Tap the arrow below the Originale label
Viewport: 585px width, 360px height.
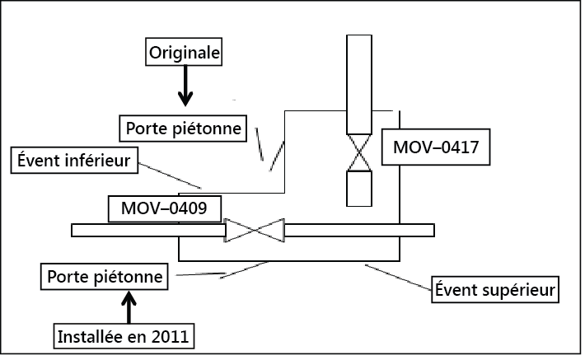click(x=185, y=86)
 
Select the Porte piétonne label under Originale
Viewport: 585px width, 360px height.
click(x=184, y=129)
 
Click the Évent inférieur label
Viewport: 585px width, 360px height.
click(x=73, y=160)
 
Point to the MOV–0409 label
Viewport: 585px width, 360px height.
click(x=166, y=208)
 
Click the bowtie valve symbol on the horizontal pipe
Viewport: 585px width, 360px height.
click(x=255, y=231)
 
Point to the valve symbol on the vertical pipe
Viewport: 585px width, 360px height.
click(x=358, y=152)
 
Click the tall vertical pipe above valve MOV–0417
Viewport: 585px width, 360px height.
click(x=358, y=82)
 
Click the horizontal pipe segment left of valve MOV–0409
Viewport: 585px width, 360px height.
click(x=148, y=231)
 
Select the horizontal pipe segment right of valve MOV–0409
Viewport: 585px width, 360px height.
click(x=358, y=231)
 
